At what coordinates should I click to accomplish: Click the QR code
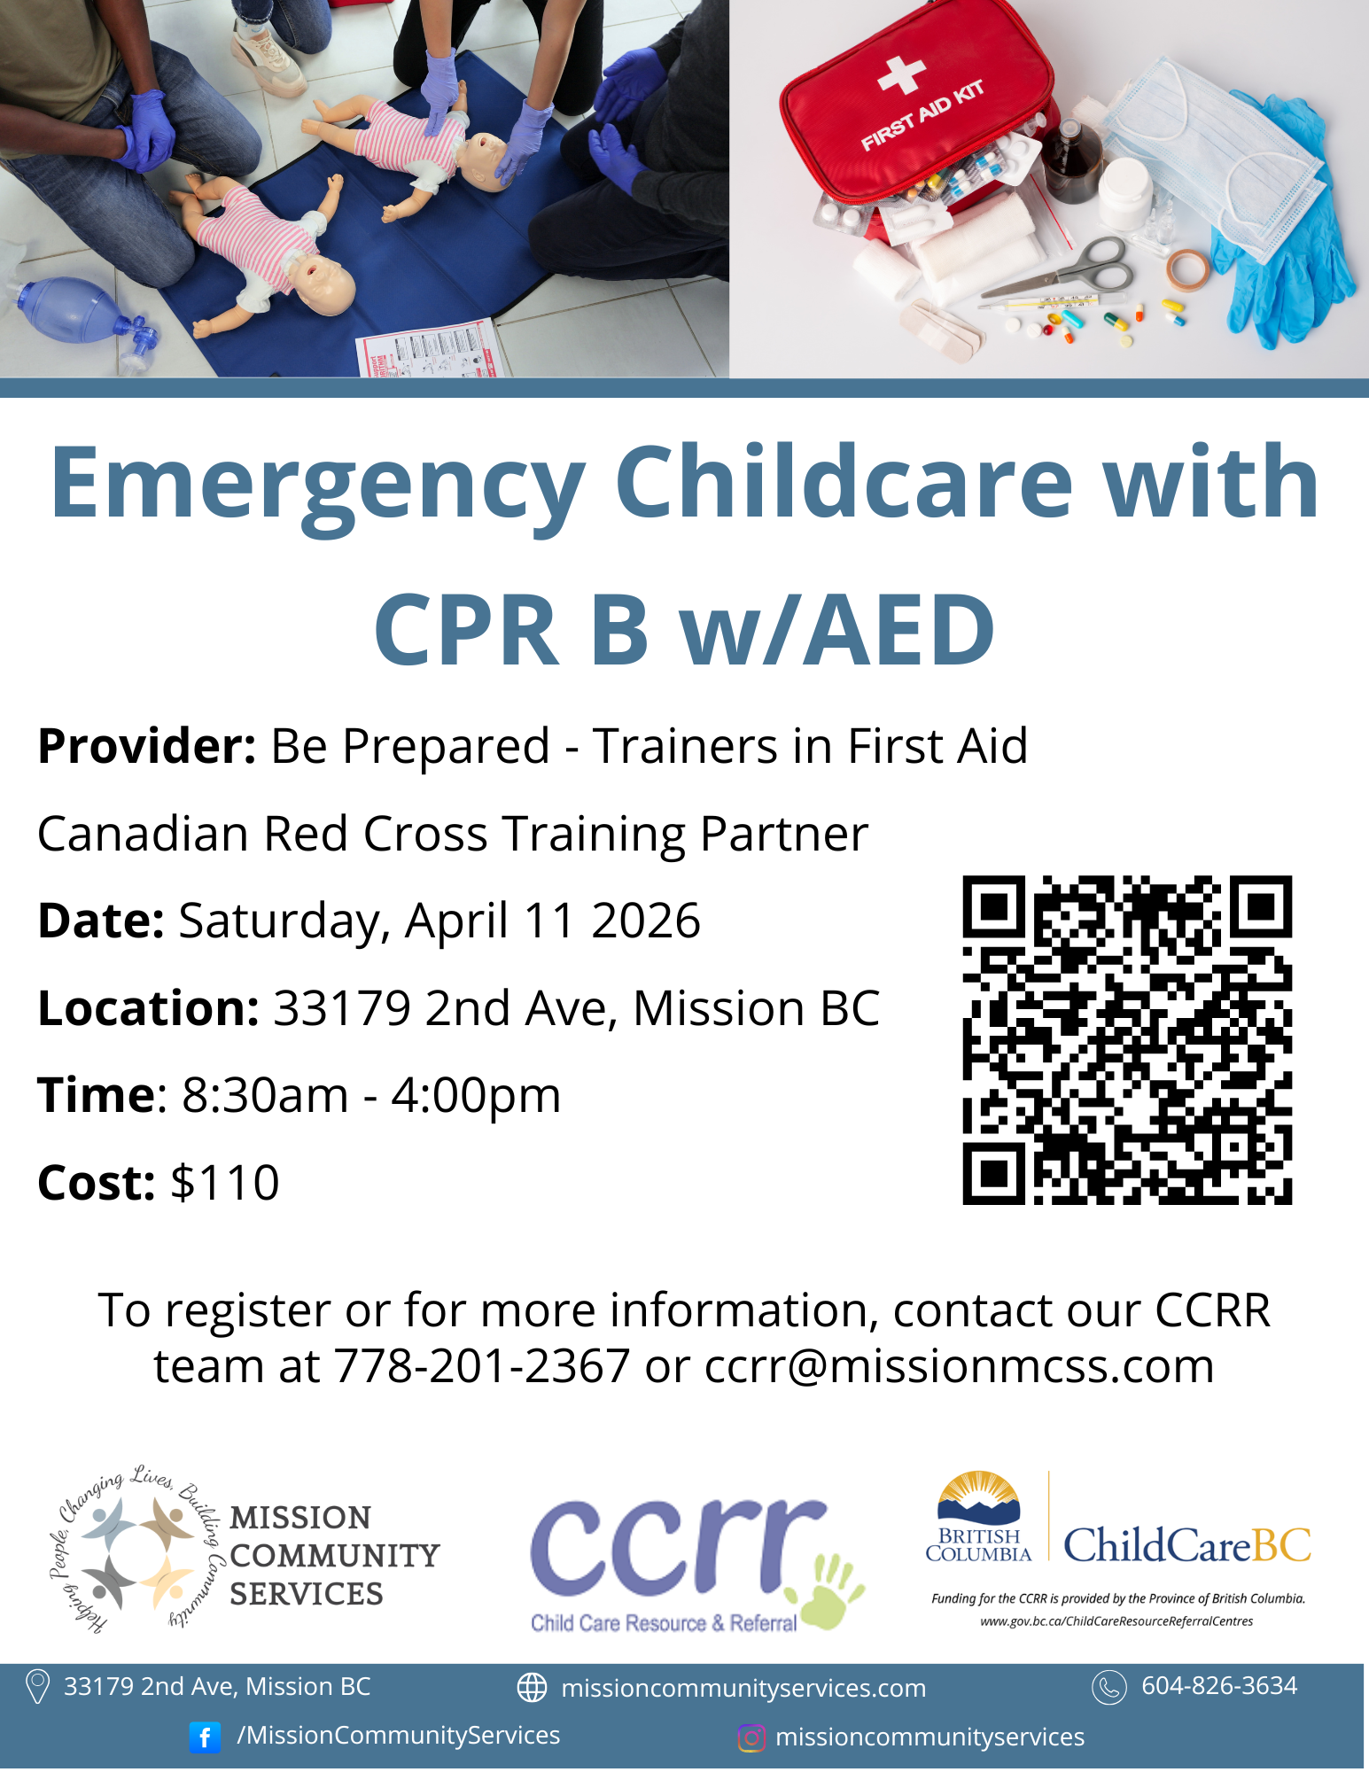point(1127,1040)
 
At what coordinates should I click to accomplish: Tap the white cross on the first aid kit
point(901,74)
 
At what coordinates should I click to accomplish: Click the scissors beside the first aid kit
point(1058,271)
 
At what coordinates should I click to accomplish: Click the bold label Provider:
point(147,746)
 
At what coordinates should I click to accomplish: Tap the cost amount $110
point(225,1182)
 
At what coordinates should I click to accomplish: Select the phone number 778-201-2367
point(482,1365)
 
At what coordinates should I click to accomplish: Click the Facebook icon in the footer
point(205,1737)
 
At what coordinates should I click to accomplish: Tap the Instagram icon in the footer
point(751,1738)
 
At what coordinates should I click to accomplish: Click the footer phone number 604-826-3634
point(1219,1686)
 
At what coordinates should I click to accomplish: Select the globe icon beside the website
point(532,1688)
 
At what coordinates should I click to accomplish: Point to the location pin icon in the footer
point(37,1687)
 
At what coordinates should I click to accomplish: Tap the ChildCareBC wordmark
point(1187,1546)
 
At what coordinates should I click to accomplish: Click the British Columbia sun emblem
point(978,1497)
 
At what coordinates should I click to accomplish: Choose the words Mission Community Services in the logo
point(334,1556)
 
